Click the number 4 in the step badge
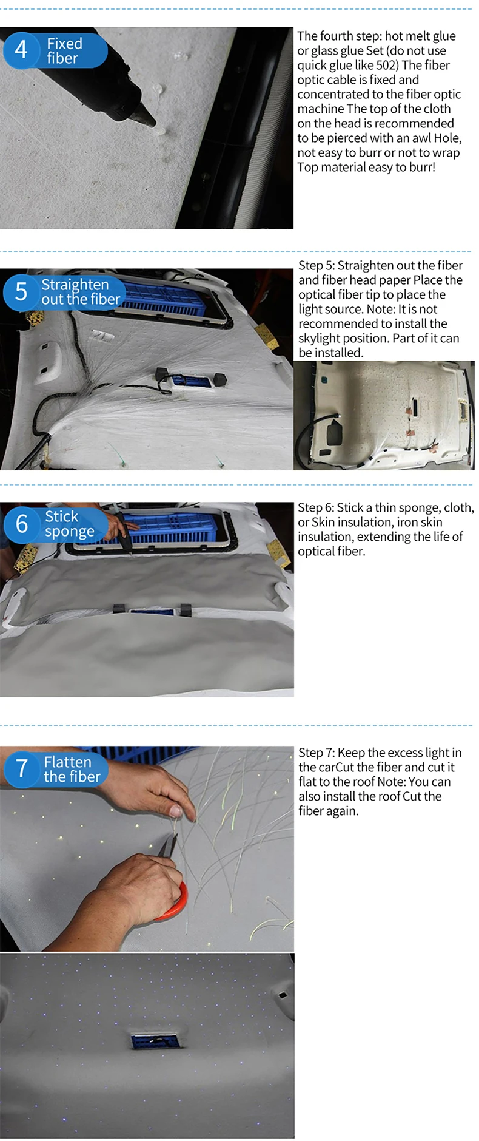coord(21,49)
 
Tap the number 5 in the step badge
coord(21,291)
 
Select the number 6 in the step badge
coord(22,524)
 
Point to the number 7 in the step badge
coord(22,768)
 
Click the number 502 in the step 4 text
coord(386,65)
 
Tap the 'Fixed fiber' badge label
coord(64,51)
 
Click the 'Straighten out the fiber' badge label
coord(81,292)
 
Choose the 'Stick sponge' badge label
coord(69,524)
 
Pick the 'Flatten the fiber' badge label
coord(72,770)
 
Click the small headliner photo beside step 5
coord(384,416)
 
